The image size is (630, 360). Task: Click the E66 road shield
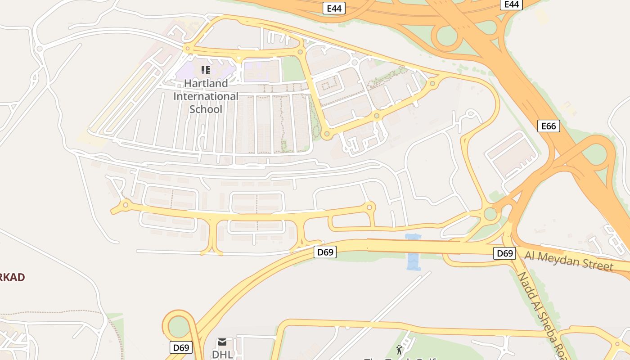click(x=549, y=126)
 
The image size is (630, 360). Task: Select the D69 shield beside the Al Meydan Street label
click(x=504, y=253)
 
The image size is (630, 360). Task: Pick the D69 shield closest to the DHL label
click(x=181, y=347)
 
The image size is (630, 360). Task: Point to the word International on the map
click(x=206, y=96)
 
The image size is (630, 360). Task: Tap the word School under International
click(x=206, y=109)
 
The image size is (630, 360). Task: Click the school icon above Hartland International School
click(x=206, y=70)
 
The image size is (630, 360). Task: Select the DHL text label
click(x=222, y=354)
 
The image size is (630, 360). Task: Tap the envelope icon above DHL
click(x=222, y=342)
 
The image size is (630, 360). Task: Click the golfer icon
click(x=399, y=349)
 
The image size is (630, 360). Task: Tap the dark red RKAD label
click(x=12, y=277)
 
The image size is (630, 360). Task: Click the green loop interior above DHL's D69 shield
click(x=179, y=327)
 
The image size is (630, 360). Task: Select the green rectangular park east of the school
click(x=292, y=69)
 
